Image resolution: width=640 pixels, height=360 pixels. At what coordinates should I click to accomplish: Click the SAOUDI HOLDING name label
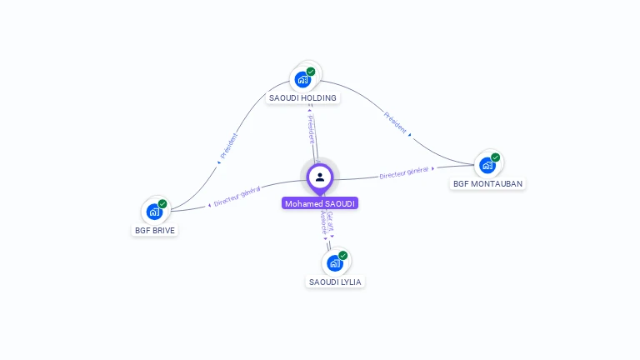302,97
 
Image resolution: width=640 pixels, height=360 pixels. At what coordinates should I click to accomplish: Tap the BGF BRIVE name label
155,230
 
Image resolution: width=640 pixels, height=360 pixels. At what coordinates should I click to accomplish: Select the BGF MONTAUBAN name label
488,183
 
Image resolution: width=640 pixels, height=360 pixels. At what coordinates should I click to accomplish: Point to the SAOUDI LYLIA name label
335,282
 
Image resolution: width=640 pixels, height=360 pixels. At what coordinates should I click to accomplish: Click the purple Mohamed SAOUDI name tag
320,203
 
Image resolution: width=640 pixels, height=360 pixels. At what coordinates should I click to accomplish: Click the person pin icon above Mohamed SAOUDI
320,177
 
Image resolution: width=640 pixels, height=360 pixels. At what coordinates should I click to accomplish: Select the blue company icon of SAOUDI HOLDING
302,80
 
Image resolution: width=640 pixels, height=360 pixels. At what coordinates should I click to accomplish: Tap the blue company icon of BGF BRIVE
154,212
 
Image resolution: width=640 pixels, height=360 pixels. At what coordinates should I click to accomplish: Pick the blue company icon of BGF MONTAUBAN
487,165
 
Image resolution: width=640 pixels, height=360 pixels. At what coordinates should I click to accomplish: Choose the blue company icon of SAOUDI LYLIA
334,263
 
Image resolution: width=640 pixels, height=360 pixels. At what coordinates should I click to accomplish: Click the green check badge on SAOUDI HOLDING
311,72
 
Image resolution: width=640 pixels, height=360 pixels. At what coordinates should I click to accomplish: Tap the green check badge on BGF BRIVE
162,203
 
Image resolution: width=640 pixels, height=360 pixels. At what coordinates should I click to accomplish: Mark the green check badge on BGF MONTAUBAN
495,157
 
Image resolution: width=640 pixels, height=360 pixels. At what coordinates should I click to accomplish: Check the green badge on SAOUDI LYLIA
342,255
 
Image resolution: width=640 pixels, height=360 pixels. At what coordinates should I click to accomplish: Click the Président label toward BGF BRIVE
229,146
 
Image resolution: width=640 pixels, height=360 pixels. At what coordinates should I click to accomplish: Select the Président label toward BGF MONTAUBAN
395,122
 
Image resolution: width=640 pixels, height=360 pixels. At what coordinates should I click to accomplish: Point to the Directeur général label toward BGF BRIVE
237,196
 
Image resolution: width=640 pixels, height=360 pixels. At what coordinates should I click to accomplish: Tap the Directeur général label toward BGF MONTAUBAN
403,172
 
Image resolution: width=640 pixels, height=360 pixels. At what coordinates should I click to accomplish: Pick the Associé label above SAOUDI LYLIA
323,223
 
